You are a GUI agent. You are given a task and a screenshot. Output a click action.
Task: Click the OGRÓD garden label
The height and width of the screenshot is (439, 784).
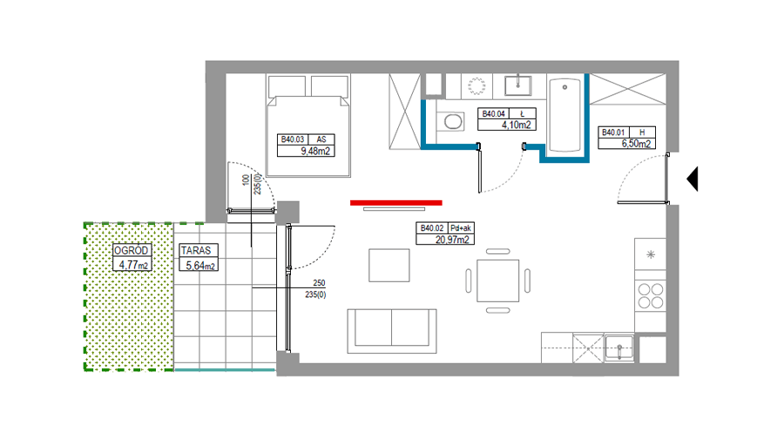tap(131, 251)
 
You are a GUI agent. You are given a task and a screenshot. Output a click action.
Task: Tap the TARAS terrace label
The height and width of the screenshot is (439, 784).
tap(196, 250)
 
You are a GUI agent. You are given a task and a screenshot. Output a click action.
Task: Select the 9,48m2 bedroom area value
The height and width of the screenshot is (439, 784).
tap(315, 151)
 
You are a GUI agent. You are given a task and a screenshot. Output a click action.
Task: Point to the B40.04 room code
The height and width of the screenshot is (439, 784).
tap(494, 114)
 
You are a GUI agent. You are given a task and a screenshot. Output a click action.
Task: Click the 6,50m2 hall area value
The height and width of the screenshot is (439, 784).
tap(636, 144)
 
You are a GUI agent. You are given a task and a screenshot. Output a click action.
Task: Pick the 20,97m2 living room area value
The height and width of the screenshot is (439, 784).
tap(452, 240)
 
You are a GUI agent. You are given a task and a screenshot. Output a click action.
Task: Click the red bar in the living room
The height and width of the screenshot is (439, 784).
tap(396, 202)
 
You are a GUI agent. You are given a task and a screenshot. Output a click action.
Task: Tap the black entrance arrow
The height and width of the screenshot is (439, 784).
tap(693, 179)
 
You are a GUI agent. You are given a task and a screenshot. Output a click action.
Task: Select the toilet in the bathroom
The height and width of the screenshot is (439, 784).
tap(452, 121)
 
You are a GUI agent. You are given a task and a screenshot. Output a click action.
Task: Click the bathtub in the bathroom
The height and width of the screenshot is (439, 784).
tap(565, 114)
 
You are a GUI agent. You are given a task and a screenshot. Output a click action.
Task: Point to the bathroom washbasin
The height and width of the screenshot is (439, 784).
tap(518, 85)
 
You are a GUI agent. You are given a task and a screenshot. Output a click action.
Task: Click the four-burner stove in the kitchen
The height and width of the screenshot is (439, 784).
tap(651, 295)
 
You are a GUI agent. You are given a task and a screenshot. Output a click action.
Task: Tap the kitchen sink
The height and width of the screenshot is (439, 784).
tap(619, 348)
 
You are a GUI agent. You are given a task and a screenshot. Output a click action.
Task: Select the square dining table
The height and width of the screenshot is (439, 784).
tap(498, 280)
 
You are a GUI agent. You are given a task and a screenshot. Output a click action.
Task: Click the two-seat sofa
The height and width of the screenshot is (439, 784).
tap(392, 331)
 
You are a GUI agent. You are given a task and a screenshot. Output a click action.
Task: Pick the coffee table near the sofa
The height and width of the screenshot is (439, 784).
tap(389, 266)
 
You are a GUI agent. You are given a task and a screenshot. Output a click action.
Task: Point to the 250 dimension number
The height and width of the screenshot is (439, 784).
tap(319, 283)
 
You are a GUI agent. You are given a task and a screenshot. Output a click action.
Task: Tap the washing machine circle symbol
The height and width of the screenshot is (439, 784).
tap(476, 85)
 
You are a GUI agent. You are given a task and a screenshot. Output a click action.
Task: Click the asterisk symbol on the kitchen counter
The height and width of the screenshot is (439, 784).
tap(651, 254)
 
